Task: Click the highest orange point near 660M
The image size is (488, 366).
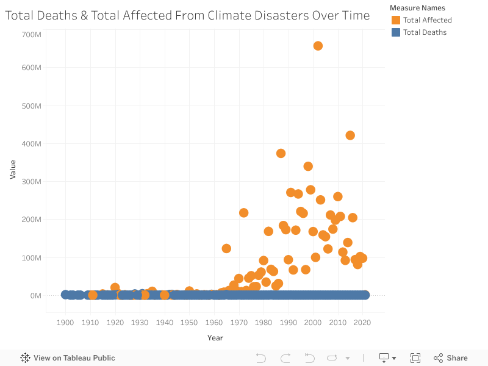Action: [x=318, y=46]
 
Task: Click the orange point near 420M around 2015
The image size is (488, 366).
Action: [x=350, y=135]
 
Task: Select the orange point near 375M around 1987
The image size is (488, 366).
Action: [x=281, y=153]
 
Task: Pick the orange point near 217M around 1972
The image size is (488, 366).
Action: [x=243, y=213]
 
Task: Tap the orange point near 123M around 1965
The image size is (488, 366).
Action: [x=226, y=248]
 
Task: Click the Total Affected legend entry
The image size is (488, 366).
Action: [x=427, y=20]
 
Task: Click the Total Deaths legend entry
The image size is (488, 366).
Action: [x=425, y=32]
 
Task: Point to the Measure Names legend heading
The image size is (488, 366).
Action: [x=417, y=8]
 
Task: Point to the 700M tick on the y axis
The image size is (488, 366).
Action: [x=31, y=34]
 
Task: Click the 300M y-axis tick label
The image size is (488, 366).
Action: [x=31, y=182]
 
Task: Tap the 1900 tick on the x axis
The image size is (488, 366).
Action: [x=65, y=323]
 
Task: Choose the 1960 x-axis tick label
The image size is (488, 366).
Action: [x=214, y=323]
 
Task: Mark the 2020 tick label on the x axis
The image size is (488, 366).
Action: [x=362, y=323]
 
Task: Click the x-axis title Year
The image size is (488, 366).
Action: [x=215, y=338]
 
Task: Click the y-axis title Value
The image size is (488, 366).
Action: [x=13, y=169]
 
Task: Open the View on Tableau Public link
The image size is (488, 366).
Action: [x=68, y=358]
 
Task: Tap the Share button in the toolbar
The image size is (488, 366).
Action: [x=451, y=358]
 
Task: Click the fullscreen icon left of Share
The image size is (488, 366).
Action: [x=415, y=358]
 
